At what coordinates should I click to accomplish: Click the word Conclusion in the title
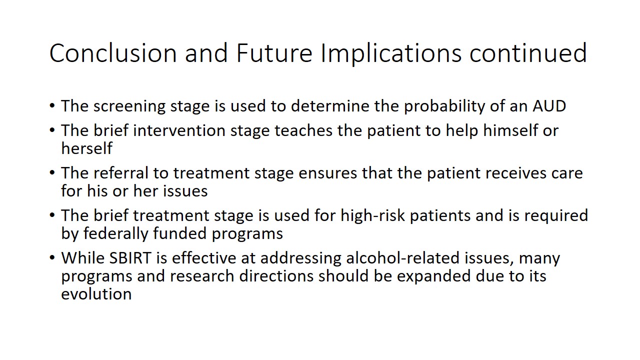(113, 53)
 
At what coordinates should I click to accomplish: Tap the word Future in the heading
(274, 53)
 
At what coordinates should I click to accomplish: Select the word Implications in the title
(391, 54)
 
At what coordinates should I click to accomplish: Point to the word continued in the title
(528, 53)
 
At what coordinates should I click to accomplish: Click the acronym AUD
(549, 106)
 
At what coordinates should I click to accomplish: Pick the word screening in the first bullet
(129, 107)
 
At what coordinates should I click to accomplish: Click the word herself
(87, 148)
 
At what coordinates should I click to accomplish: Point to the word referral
(121, 173)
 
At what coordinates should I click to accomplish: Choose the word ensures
(327, 173)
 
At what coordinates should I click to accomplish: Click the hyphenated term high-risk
(372, 215)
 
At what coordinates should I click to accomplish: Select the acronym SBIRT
(130, 258)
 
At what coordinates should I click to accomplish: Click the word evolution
(96, 294)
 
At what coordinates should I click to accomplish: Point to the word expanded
(433, 277)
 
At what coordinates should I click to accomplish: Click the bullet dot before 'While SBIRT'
(52, 258)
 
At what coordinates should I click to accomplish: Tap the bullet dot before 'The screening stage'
(52, 106)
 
